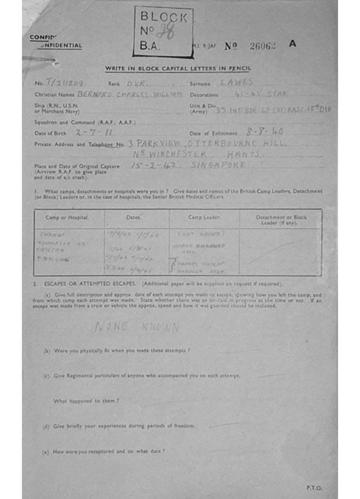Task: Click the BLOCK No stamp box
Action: coord(163,32)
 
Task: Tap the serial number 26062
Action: coord(262,46)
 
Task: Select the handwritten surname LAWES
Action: coord(237,82)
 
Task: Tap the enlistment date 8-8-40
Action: coord(264,132)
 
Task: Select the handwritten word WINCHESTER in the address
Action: coord(171,154)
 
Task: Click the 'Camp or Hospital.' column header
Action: coord(67,217)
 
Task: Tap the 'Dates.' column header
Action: coord(133,217)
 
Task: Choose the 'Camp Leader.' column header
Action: coord(204,217)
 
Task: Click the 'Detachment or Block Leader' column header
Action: coord(281,220)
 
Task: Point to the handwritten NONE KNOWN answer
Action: coord(137,327)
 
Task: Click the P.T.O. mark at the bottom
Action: coord(314,487)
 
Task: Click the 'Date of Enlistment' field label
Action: coord(213,133)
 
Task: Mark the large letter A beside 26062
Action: coord(292,43)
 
